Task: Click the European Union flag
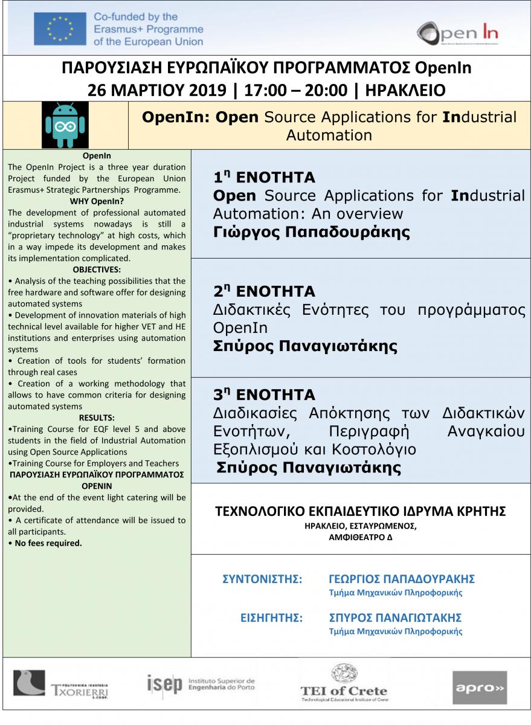tap(60, 29)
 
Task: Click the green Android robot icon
tap(65, 125)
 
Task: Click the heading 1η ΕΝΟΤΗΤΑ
tap(264, 177)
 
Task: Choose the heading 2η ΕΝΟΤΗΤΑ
tap(264, 292)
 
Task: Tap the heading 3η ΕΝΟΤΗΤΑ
tap(264, 395)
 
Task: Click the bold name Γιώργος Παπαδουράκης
tap(311, 233)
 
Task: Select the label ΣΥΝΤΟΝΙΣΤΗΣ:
tap(262, 579)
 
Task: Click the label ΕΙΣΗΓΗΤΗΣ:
tap(271, 617)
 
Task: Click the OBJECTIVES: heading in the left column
tap(97, 269)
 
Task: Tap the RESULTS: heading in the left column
tap(97, 417)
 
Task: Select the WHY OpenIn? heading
tap(97, 201)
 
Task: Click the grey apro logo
tap(480, 687)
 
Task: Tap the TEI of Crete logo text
tap(344, 691)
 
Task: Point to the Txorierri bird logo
tap(29, 683)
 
